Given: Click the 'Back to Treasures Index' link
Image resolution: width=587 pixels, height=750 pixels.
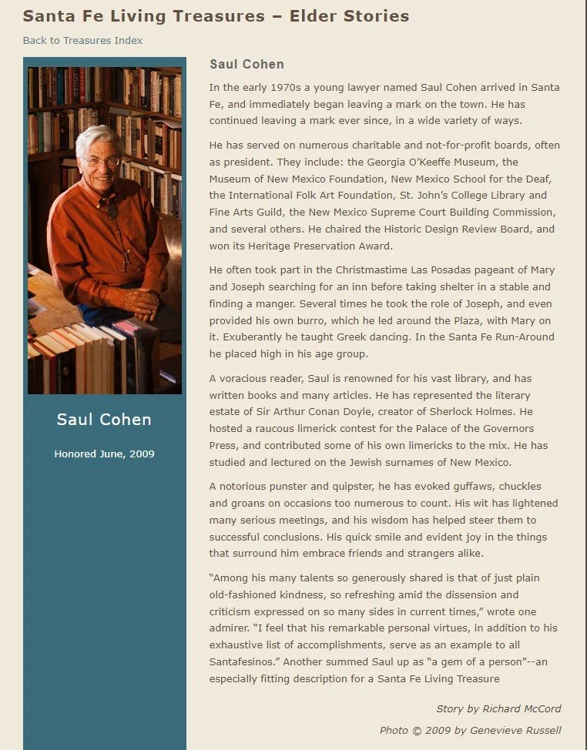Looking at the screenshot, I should pyautogui.click(x=82, y=40).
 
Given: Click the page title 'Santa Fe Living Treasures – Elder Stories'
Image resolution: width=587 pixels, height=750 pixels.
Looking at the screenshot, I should pyautogui.click(x=216, y=15).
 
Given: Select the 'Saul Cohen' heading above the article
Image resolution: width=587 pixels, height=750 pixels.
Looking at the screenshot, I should pyautogui.click(x=247, y=65).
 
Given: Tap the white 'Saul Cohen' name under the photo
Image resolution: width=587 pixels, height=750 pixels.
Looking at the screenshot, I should pyautogui.click(x=104, y=420).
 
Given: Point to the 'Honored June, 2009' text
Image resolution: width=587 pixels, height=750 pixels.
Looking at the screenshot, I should pyautogui.click(x=104, y=454).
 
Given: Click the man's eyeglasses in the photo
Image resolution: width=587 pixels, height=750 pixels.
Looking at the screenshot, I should pyautogui.click(x=101, y=161).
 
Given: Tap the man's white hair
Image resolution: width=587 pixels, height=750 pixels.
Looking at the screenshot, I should pyautogui.click(x=96, y=139).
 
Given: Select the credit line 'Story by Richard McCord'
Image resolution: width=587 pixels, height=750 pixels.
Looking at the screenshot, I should pyautogui.click(x=498, y=708).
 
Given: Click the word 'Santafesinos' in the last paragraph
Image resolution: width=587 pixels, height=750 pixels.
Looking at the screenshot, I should pyautogui.click(x=243, y=661).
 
